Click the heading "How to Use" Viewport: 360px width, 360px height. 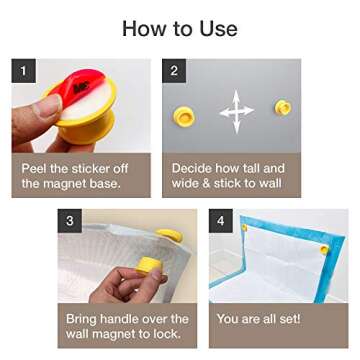pos(180,26)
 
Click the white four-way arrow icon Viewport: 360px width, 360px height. pos(236,113)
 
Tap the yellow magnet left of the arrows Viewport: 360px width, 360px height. pos(186,108)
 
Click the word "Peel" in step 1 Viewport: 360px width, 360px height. pos(37,169)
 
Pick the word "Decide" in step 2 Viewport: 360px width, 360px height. pos(194,169)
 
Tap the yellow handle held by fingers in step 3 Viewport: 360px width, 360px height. pos(150,266)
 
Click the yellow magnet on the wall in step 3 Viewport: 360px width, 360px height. pos(171,235)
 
